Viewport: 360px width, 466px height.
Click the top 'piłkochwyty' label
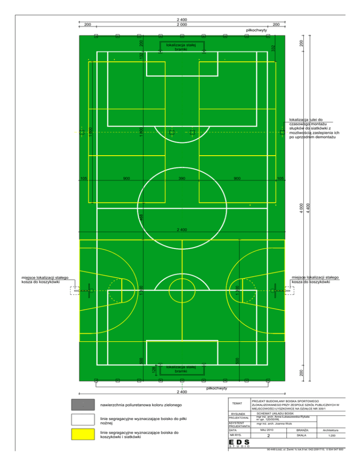coord(256,30)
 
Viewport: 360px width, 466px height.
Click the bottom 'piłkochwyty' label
coord(217,388)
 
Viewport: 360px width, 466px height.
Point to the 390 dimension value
coord(182,179)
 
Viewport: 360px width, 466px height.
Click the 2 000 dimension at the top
coord(182,24)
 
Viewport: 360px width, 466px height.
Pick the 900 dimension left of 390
coord(126,179)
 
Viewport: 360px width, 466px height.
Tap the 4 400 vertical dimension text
coord(307,206)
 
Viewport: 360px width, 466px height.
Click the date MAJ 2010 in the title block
coord(268,430)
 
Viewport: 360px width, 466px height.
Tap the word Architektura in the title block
coord(330,430)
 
